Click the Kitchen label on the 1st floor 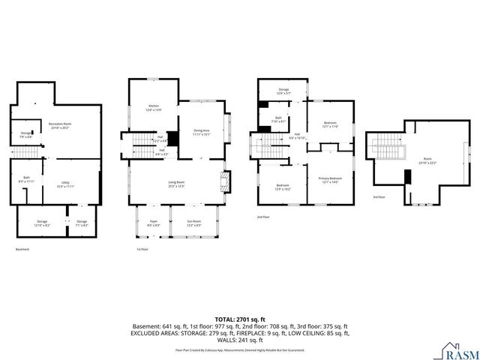pyautogui.click(x=154, y=108)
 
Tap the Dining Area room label pyautogui.click(x=202, y=132)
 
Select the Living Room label pyautogui.click(x=175, y=184)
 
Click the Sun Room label pyautogui.click(x=193, y=222)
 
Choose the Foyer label pyautogui.click(x=152, y=222)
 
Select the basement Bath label pyautogui.click(x=26, y=179)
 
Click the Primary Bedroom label pyautogui.click(x=331, y=180)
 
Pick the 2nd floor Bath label pyautogui.click(x=278, y=118)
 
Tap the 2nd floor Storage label pyautogui.click(x=283, y=91)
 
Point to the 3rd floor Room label pyautogui.click(x=427, y=160)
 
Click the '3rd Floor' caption pyautogui.click(x=379, y=197)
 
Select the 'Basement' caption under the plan pyautogui.click(x=23, y=249)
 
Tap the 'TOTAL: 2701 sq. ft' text pyautogui.click(x=240, y=319)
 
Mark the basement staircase pyautogui.click(x=28, y=153)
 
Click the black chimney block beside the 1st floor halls pyautogui.click(x=172, y=139)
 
